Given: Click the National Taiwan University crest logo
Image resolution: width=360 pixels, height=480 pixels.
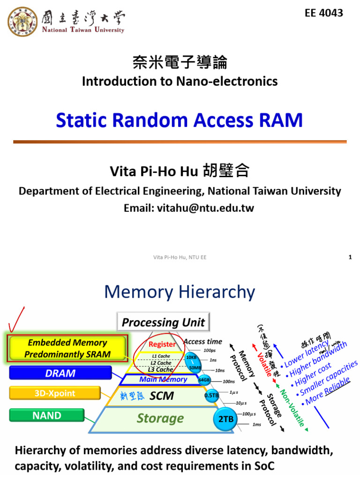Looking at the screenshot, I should (x=23, y=21).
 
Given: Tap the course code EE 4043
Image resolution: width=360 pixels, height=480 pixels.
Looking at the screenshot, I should (x=324, y=13).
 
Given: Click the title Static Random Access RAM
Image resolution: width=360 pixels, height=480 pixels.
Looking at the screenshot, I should (x=180, y=120).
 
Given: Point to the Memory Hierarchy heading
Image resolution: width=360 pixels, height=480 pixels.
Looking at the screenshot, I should (x=180, y=292).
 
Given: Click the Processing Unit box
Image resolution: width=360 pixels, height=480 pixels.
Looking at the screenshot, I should (x=163, y=322).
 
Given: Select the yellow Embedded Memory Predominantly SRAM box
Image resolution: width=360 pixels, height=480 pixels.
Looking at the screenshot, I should (x=67, y=348).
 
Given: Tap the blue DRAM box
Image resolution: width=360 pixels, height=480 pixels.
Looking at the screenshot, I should (x=60, y=373).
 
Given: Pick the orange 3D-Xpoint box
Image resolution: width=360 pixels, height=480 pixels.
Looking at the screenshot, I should (x=55, y=393).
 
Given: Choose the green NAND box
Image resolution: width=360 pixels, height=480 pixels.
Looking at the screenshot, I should (x=47, y=415).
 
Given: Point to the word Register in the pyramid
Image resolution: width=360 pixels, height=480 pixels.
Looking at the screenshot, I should (x=162, y=345).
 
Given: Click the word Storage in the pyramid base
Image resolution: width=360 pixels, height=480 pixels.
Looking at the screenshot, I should (x=160, y=418).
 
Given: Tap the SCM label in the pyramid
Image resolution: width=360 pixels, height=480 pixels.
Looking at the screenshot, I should (x=162, y=396).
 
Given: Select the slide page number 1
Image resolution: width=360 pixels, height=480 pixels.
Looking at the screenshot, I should (x=350, y=257).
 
